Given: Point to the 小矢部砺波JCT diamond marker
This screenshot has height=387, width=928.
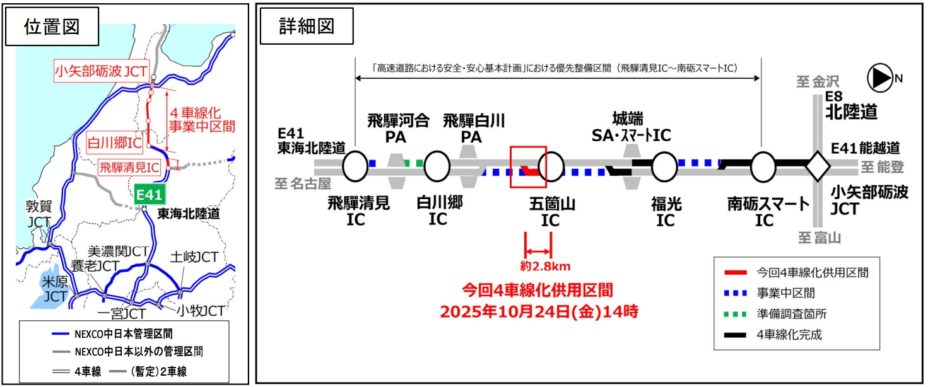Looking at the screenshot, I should click(818, 166).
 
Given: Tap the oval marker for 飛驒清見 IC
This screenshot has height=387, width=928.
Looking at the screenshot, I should click(355, 166).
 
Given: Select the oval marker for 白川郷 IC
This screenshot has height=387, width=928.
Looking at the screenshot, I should click(437, 166).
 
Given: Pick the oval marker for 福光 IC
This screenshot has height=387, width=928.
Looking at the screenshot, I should click(664, 166).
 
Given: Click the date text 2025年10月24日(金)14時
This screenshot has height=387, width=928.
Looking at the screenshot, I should click(537, 311).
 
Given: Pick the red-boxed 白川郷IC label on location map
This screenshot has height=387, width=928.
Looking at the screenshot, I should click(114, 143).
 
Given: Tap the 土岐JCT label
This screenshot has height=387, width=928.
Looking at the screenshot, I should click(194, 257).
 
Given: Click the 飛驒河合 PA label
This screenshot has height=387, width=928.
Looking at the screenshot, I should click(398, 127).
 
